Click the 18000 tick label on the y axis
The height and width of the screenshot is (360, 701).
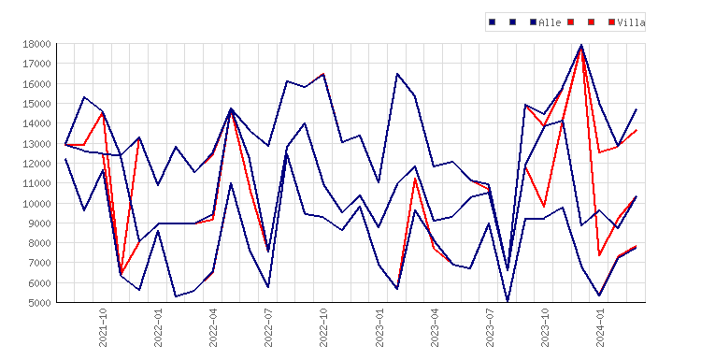37,44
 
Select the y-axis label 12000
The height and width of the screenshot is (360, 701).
37,164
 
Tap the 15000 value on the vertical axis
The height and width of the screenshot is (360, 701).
37,104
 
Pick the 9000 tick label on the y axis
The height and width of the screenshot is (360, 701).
40,223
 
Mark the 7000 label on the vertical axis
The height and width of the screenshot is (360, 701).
40,263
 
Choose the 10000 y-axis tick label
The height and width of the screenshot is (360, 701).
37,204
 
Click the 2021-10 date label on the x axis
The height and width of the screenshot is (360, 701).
103,327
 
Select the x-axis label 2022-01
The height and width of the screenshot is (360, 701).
158,327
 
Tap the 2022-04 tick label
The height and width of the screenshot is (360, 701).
213,327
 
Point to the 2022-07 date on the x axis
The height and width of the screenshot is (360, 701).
268,327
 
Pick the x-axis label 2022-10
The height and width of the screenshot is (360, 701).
323,327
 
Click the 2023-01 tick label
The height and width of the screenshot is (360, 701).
379,327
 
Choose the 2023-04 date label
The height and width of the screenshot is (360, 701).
435,327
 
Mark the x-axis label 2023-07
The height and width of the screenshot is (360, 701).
490,327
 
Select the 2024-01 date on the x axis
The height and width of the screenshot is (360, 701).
600,327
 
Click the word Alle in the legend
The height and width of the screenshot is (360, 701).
550,22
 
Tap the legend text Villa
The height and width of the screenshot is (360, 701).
631,22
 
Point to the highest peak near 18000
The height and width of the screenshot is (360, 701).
581,45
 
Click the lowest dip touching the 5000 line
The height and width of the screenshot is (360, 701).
508,301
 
